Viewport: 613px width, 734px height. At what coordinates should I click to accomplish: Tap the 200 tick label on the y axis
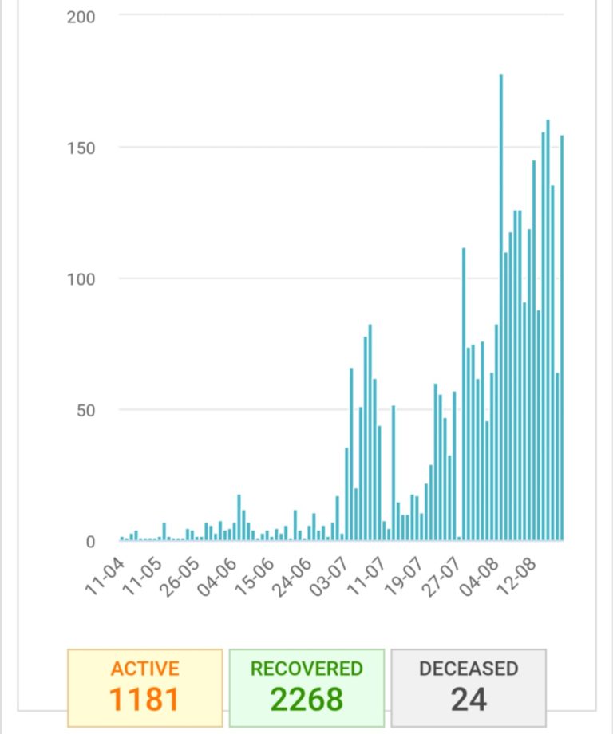tap(81, 17)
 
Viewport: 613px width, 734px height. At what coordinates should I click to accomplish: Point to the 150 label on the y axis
tap(81, 148)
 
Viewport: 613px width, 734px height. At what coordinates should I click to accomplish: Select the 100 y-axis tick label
tap(81, 279)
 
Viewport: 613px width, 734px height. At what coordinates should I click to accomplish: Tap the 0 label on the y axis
tap(89, 543)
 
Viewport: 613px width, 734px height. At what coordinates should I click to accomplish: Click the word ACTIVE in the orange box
tap(144, 669)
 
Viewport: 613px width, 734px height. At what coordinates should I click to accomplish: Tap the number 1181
tap(144, 699)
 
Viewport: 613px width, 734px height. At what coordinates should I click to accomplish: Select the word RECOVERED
tap(306, 669)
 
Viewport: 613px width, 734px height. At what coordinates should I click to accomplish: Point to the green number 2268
tap(306, 699)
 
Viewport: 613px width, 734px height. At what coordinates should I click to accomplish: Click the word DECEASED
tap(469, 669)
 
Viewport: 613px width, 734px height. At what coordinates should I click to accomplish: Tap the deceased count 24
tap(469, 699)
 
